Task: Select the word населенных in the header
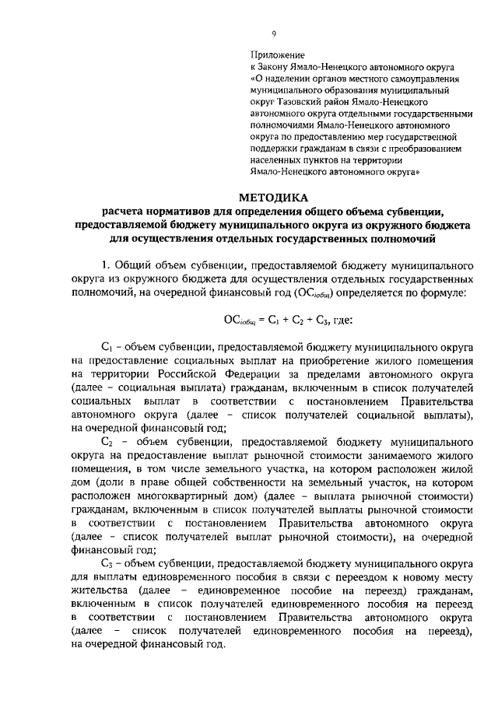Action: [x=276, y=158]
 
